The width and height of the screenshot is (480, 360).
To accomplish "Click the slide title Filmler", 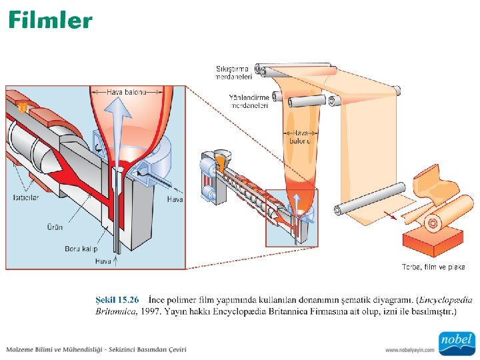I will [x=51, y=20].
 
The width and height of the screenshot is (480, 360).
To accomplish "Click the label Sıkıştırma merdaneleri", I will [x=233, y=72].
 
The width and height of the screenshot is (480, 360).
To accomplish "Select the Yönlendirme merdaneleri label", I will [x=249, y=101].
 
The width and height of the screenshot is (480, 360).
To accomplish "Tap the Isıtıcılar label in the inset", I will [x=26, y=197].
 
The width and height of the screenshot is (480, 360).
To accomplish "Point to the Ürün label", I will [x=55, y=227].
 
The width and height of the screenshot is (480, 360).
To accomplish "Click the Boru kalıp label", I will [x=81, y=249].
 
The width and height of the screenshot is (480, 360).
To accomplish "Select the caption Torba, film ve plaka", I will [x=433, y=267].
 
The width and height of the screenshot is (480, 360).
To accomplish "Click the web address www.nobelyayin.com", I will [x=409, y=349].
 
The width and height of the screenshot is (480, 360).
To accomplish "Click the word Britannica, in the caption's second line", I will [x=116, y=311].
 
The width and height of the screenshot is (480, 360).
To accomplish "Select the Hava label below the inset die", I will [x=103, y=261].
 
